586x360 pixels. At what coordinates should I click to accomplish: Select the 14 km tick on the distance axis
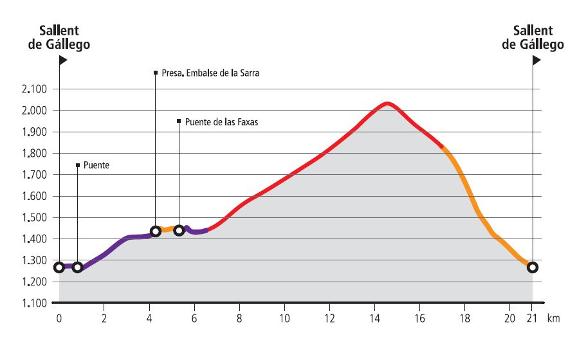375,318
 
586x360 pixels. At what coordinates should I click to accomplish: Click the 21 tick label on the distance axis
532,318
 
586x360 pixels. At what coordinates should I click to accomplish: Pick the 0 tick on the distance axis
59,318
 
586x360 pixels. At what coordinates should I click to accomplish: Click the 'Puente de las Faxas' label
221,121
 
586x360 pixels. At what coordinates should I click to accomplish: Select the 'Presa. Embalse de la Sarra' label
210,73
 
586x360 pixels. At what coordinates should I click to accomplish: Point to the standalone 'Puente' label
96,165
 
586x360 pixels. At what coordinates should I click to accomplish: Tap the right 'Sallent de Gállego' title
533,37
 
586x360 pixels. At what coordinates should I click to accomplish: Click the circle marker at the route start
59,267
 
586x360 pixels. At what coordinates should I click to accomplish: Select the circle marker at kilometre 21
533,267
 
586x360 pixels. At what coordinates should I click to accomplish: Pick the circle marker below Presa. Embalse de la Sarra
156,231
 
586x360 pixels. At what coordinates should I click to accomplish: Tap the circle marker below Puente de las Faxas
179,230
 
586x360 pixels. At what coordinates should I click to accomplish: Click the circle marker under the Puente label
77,267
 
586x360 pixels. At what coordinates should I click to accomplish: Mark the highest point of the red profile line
387,103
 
